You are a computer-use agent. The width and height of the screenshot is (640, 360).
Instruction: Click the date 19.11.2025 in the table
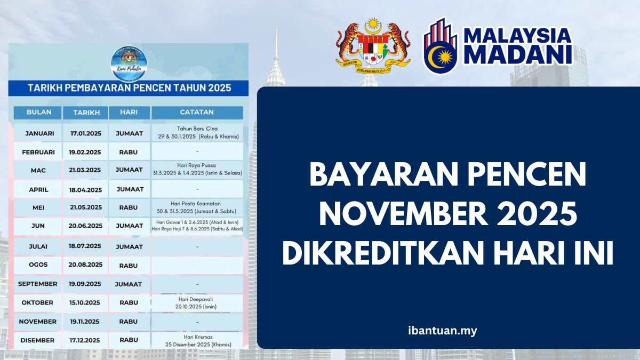pyautogui.click(x=85, y=322)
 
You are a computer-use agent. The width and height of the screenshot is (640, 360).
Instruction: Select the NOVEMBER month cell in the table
pyautogui.click(x=37, y=322)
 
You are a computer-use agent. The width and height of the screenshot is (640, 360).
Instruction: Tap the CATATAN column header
pyautogui.click(x=197, y=113)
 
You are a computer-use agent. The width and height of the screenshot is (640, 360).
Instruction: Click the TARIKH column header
pyautogui.click(x=85, y=113)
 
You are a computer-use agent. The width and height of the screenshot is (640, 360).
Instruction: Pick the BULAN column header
pyautogui.click(x=37, y=113)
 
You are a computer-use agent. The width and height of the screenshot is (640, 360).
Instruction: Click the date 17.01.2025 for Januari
pyautogui.click(x=85, y=133)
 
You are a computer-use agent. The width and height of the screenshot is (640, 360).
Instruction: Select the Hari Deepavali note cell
pyautogui.click(x=197, y=303)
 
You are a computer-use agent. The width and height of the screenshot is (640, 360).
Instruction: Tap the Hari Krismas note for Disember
pyautogui.click(x=197, y=340)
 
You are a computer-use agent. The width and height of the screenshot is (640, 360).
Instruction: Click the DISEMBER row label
pyautogui.click(x=37, y=340)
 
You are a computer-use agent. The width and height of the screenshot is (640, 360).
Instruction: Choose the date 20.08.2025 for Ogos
pyautogui.click(x=85, y=265)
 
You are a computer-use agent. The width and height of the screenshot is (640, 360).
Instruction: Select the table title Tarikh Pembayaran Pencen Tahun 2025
pyautogui.click(x=127, y=87)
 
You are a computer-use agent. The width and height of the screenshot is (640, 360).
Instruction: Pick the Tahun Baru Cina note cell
pyautogui.click(x=197, y=133)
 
